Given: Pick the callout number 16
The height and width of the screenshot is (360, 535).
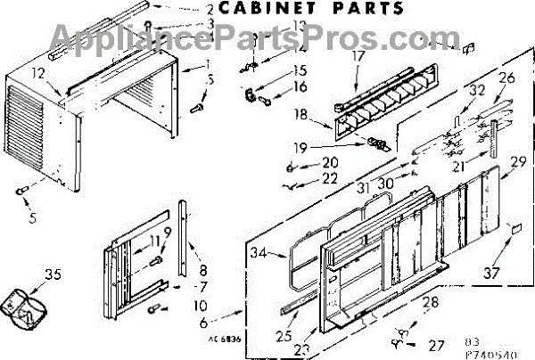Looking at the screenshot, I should click(x=300, y=86).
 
